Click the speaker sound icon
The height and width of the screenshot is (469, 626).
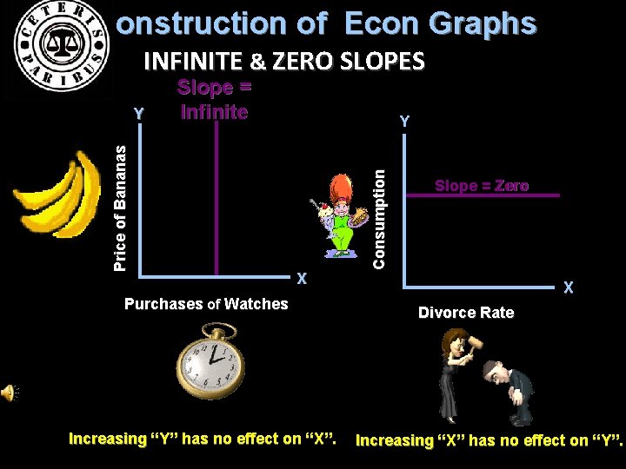pos(9,393)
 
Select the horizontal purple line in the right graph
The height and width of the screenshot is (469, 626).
pos(482,197)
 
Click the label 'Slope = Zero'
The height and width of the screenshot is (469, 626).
pos(482,186)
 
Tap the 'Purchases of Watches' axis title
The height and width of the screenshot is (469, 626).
pos(206,304)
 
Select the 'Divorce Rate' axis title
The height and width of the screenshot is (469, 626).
pos(466,313)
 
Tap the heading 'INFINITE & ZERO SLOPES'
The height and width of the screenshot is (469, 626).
pos(283,62)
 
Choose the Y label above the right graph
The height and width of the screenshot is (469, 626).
pos(403,122)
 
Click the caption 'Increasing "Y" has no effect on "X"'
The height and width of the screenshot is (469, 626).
pos(203,439)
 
